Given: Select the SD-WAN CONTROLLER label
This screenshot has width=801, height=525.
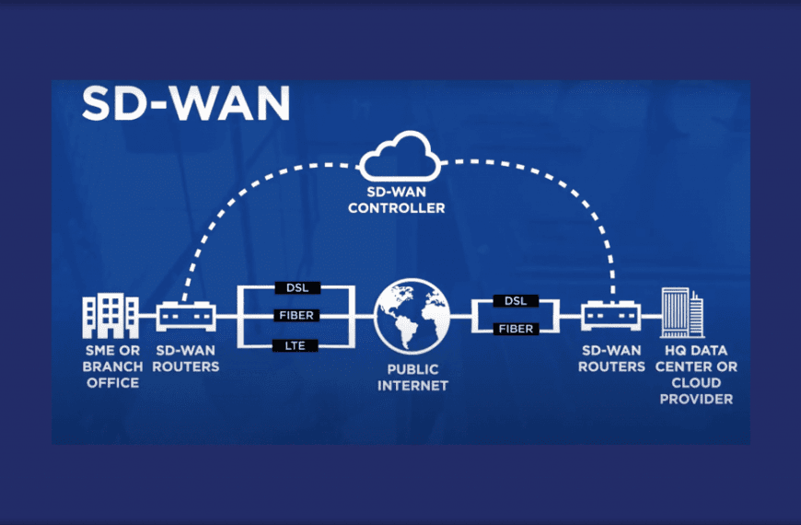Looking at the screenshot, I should point(402,201).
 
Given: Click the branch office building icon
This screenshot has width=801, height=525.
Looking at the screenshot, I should point(111,315).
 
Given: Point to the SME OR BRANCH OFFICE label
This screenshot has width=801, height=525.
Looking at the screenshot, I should point(112,367).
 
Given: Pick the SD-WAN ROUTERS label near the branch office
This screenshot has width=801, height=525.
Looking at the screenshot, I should point(187,359).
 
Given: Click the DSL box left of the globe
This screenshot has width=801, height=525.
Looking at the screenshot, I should point(296,288).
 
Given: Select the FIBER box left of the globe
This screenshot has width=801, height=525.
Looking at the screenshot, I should point(296,316).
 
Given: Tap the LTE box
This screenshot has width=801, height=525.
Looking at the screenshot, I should point(296,344).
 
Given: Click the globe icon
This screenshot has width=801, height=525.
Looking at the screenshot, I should point(412,316).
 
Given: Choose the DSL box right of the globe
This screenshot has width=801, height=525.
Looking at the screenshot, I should point(515,301).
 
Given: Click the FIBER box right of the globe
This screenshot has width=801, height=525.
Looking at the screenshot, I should point(515,329).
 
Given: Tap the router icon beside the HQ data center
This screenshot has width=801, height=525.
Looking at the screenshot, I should point(610,316).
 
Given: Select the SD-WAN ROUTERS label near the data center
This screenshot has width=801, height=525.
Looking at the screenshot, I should point(612,359).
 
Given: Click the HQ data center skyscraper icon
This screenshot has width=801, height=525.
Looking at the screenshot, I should point(680,313).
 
